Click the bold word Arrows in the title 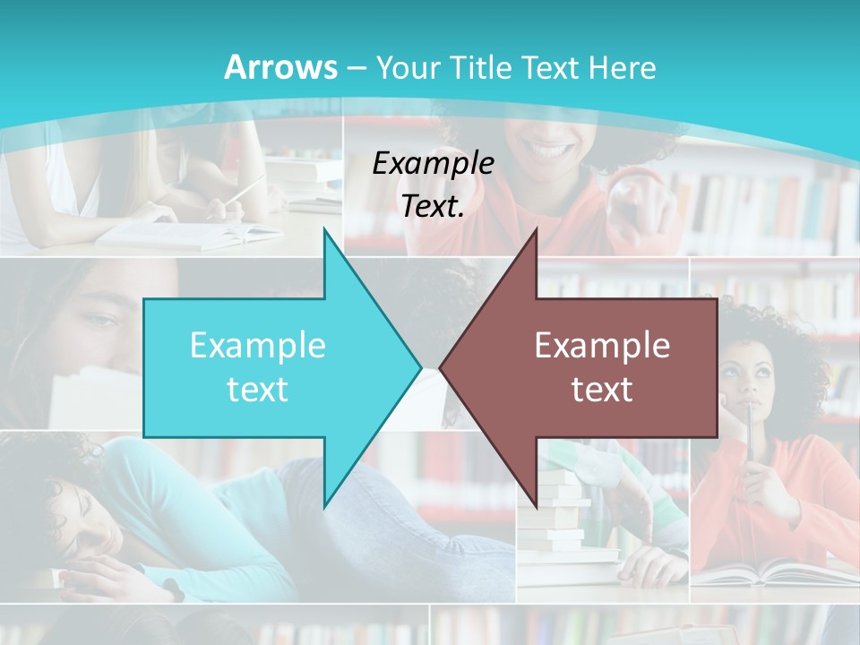click(280, 67)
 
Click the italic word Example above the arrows click(433, 163)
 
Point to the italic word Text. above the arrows click(433, 206)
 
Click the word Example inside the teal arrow click(257, 345)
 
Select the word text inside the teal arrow click(257, 389)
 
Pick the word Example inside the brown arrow click(602, 345)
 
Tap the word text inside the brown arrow click(602, 389)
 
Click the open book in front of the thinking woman click(770, 571)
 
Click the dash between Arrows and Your click(355, 68)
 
